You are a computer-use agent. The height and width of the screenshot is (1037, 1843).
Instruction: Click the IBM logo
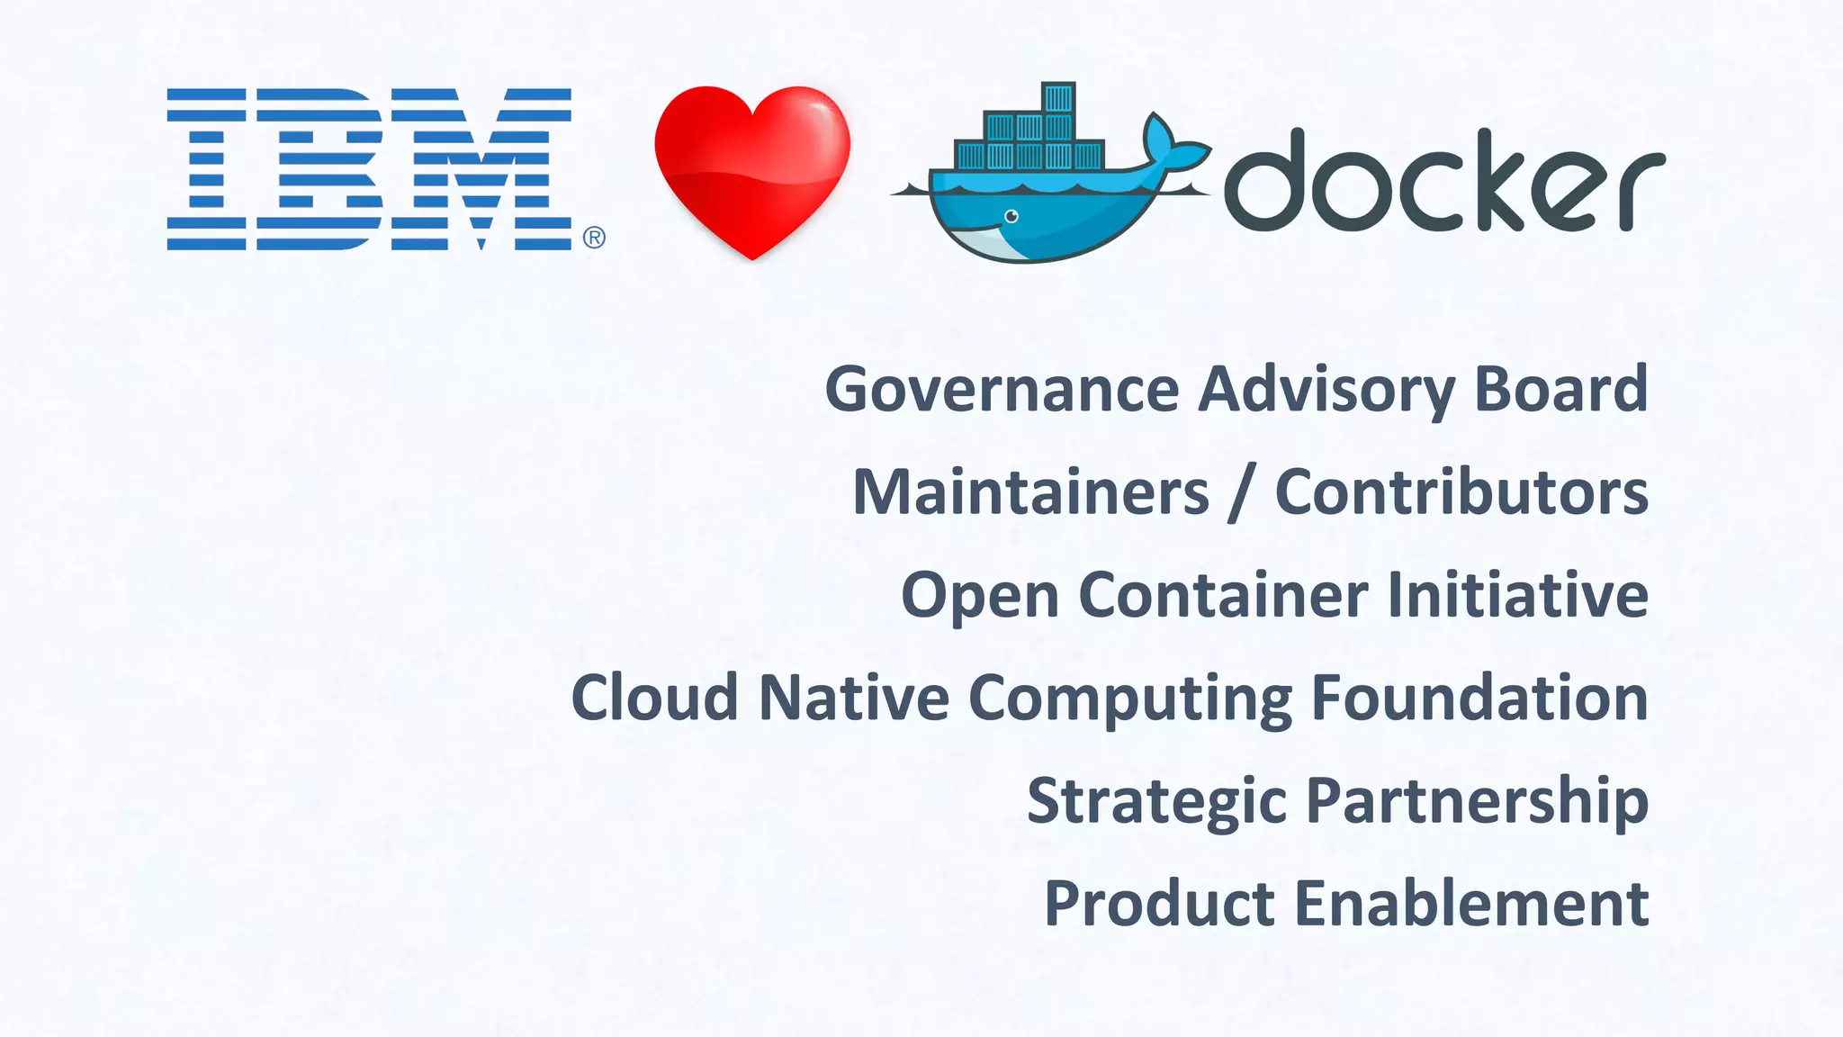coord(369,168)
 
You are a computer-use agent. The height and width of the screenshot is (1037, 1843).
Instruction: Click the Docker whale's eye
coord(1011,216)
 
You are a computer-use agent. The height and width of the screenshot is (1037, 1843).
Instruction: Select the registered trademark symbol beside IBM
coord(594,238)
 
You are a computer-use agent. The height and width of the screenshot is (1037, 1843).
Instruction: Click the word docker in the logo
coord(1443,180)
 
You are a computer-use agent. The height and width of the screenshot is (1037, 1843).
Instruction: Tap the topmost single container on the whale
coord(1058,97)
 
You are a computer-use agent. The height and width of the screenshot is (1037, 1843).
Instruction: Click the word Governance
coord(1002,389)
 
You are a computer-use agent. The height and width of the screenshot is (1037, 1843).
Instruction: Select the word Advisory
coord(1326,389)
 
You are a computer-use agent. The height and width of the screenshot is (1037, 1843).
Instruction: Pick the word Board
coord(1560,389)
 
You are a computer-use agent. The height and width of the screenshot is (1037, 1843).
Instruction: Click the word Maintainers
coord(1030,492)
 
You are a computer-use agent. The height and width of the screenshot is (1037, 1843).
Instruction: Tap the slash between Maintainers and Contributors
coord(1243,494)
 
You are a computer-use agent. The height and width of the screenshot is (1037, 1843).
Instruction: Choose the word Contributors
coord(1461,492)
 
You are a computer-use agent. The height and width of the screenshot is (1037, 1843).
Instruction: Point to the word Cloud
coord(655,698)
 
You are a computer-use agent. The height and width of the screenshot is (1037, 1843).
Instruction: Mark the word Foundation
coord(1479,698)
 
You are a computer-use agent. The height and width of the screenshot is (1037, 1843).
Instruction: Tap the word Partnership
coord(1477,801)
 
